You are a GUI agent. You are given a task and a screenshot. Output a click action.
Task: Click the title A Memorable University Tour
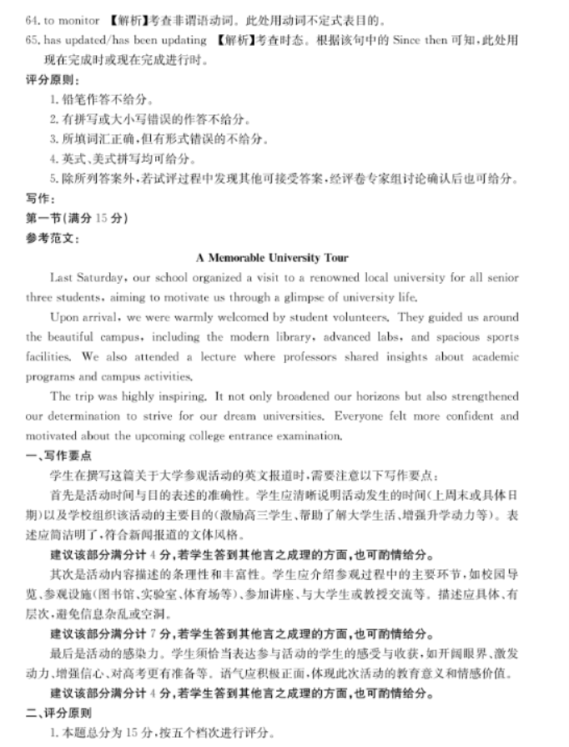[x=272, y=258]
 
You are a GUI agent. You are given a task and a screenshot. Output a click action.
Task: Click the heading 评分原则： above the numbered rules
[x=53, y=80]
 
